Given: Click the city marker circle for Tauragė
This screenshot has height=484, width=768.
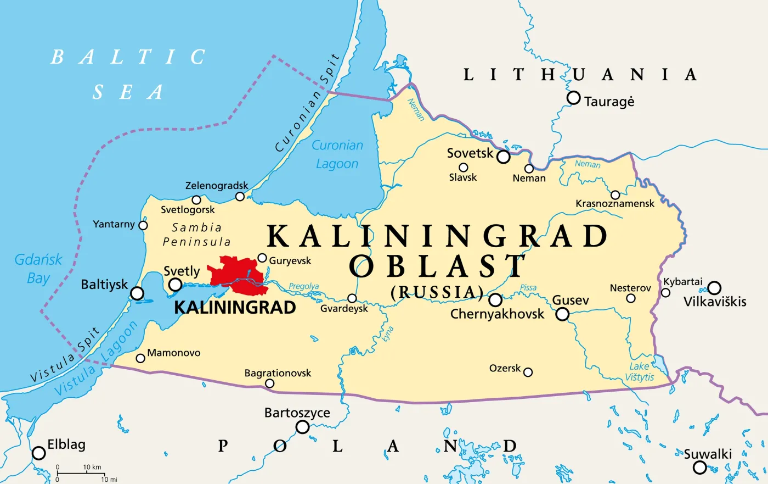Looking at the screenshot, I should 573,98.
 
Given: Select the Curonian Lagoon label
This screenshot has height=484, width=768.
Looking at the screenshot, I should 337,154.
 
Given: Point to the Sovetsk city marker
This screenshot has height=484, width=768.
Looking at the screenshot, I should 503,157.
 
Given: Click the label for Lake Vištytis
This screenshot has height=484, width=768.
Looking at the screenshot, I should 640,372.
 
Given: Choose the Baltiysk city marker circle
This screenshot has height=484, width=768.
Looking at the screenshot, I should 137,293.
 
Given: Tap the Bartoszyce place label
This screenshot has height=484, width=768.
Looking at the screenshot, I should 297,413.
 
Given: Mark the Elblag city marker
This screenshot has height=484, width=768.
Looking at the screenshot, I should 38,453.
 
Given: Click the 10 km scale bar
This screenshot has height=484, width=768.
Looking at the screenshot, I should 80,472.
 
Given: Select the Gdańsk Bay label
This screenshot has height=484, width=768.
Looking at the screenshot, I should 38,269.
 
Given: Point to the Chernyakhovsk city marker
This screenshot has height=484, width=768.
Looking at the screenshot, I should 495,300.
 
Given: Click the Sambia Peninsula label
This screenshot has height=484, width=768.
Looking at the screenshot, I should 196,235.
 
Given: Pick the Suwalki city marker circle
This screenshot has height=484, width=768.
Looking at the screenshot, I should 699,468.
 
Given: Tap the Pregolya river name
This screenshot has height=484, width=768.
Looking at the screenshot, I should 304,286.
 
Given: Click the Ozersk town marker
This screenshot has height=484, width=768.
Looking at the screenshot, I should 528,372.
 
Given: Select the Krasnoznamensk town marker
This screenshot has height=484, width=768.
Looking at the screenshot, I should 615,195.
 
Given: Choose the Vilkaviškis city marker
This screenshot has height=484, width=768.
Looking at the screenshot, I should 714,288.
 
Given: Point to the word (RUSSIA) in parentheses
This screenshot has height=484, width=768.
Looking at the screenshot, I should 437,292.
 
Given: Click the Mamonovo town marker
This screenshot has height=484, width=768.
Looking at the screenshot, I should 140,359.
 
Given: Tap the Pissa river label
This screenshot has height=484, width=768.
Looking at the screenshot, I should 528,287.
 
